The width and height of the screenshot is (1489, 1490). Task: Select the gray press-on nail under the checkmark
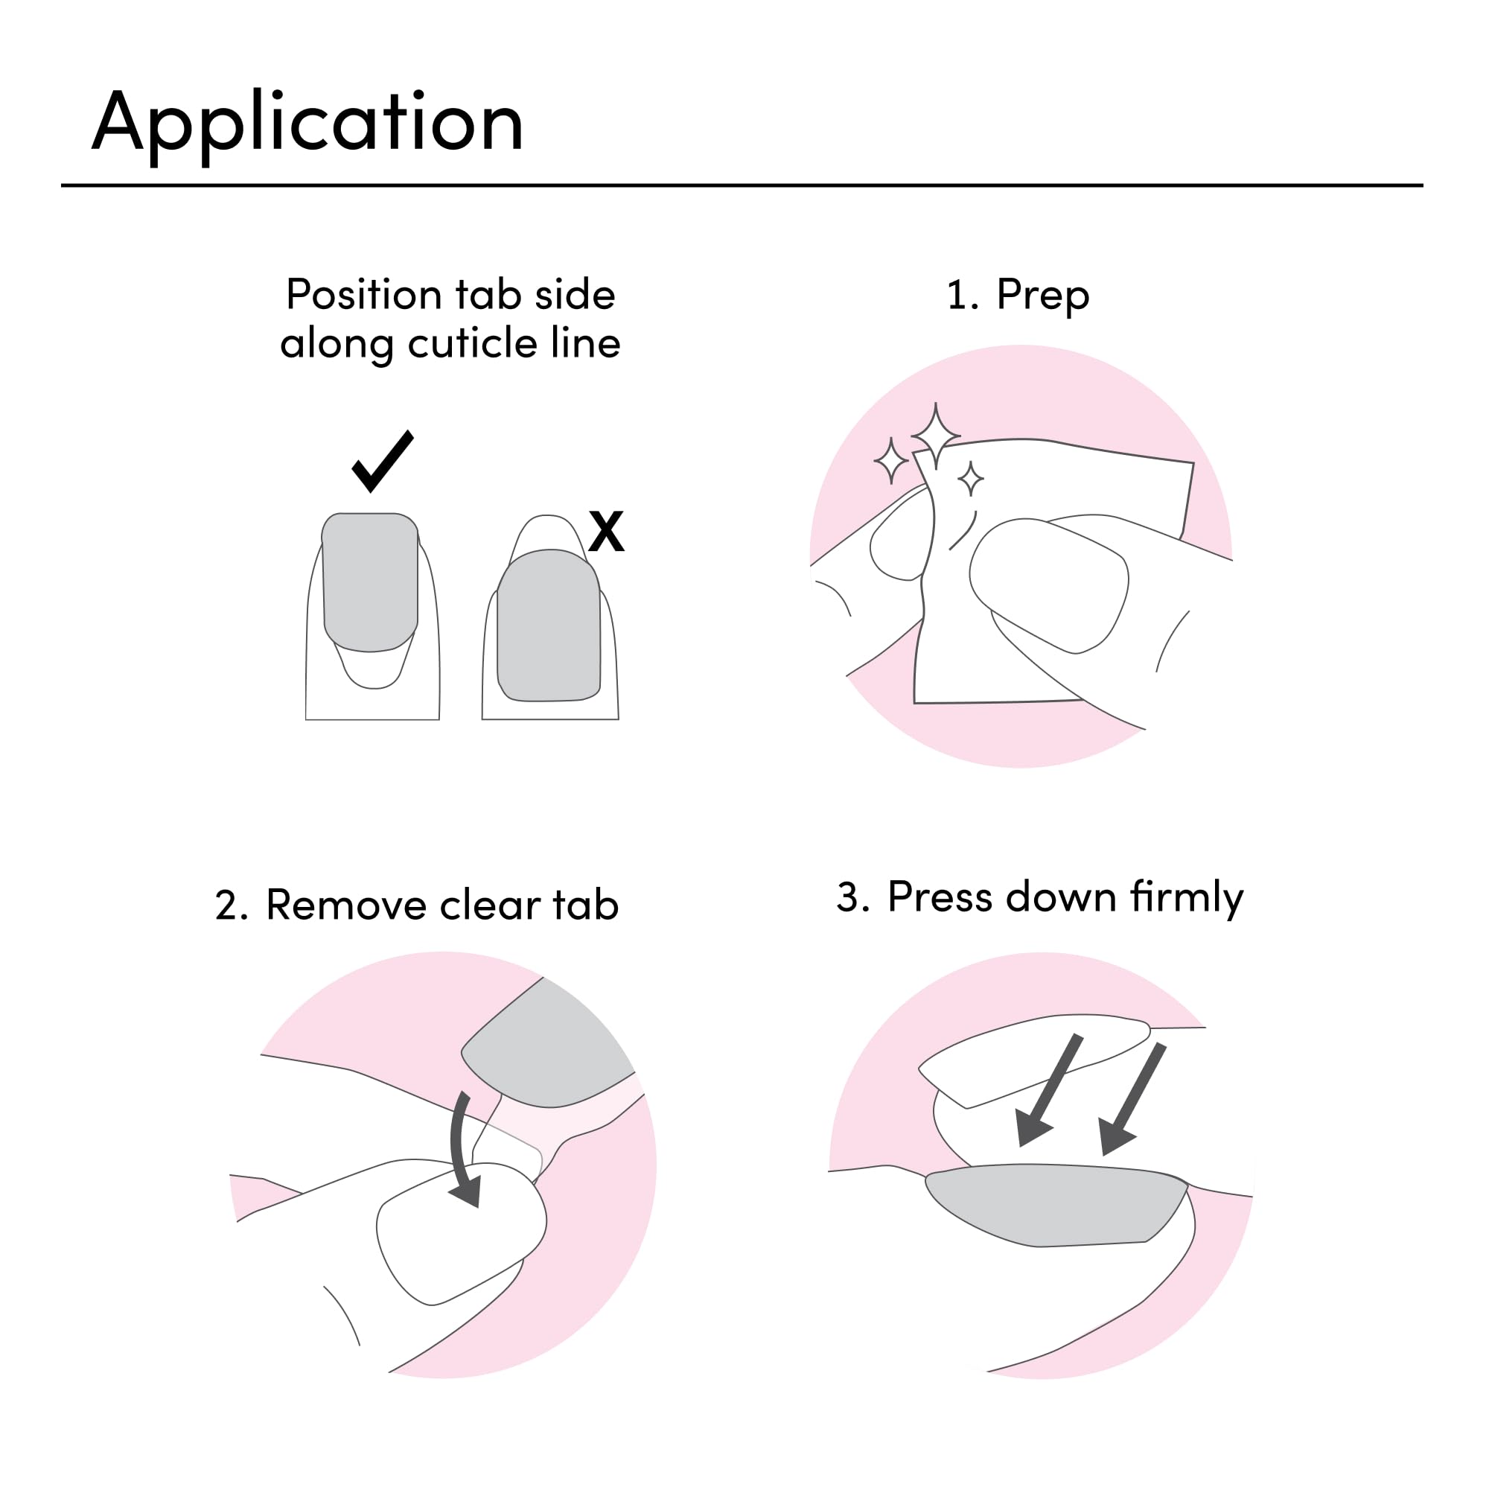click(x=370, y=582)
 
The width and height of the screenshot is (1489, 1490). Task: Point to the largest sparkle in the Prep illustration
click(x=935, y=436)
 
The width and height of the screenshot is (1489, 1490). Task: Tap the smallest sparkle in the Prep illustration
click(x=970, y=479)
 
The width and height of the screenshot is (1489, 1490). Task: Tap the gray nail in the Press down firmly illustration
click(x=1056, y=1203)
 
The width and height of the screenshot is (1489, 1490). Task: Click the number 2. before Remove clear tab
click(x=231, y=906)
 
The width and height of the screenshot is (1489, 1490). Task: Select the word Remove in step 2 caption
click(x=345, y=905)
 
